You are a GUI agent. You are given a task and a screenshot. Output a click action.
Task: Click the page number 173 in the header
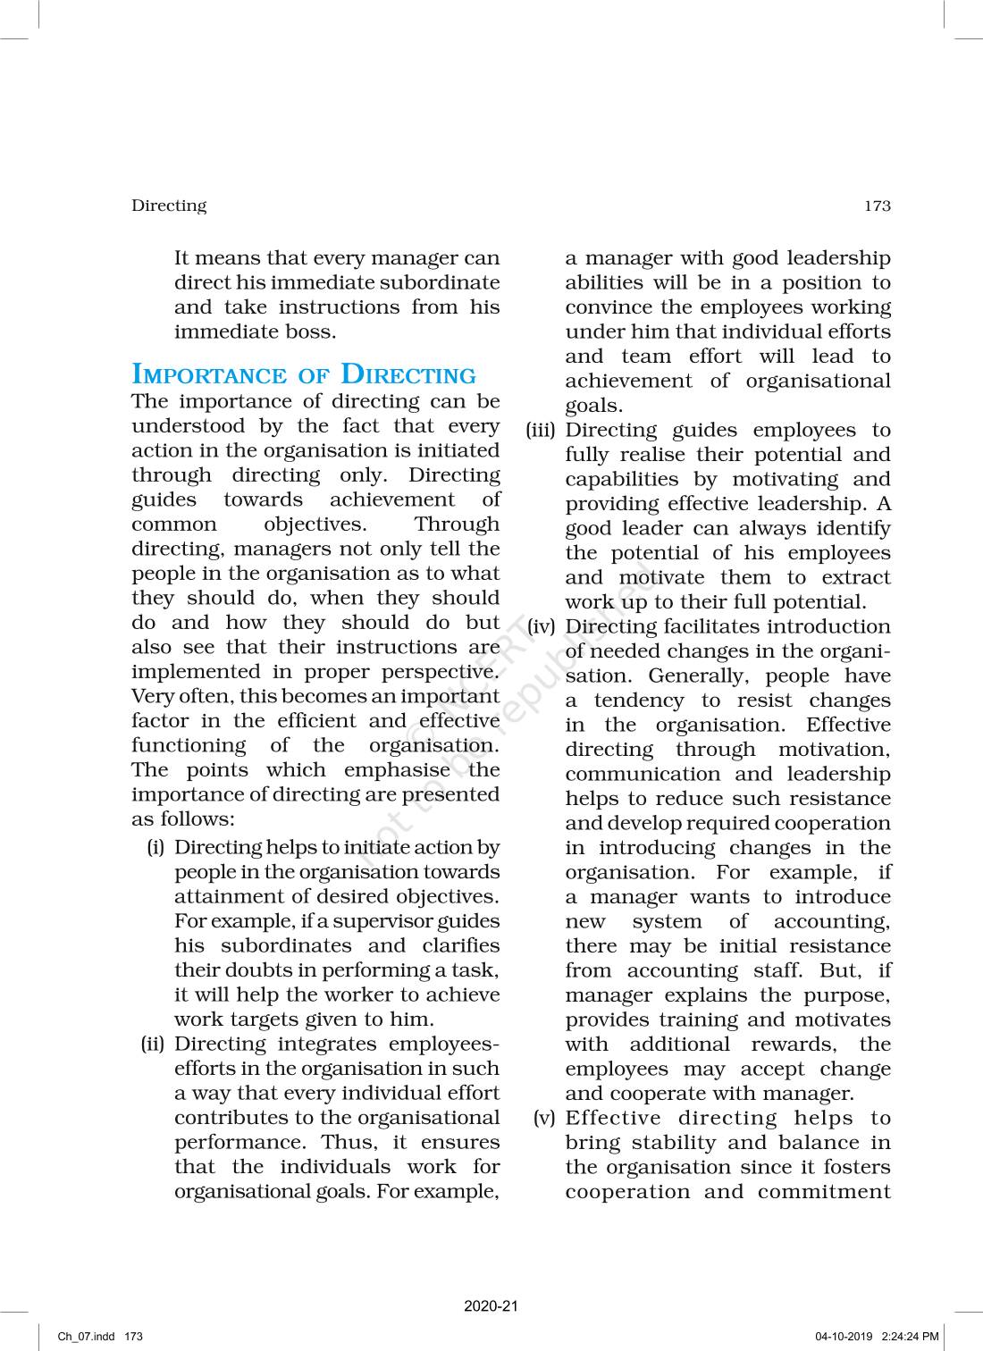click(x=877, y=206)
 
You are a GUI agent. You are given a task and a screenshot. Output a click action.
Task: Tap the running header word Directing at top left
click(x=169, y=206)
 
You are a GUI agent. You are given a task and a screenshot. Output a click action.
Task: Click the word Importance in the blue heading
click(x=208, y=374)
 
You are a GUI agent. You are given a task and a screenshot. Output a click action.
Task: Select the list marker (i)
click(x=156, y=847)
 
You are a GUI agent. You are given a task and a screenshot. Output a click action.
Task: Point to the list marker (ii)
click(x=154, y=1044)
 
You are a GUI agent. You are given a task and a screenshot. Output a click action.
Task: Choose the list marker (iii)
click(x=541, y=431)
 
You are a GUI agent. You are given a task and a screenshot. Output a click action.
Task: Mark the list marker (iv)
click(x=542, y=627)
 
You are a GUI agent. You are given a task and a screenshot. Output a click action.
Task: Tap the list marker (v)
click(x=544, y=1118)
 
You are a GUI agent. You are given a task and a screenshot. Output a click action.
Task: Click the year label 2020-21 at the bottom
click(x=491, y=1306)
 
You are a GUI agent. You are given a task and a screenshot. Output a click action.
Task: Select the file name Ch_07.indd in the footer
click(x=86, y=1337)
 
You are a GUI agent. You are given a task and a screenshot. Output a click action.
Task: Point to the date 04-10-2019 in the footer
click(x=844, y=1337)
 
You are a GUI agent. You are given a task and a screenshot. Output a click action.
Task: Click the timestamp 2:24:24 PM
click(x=910, y=1337)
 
